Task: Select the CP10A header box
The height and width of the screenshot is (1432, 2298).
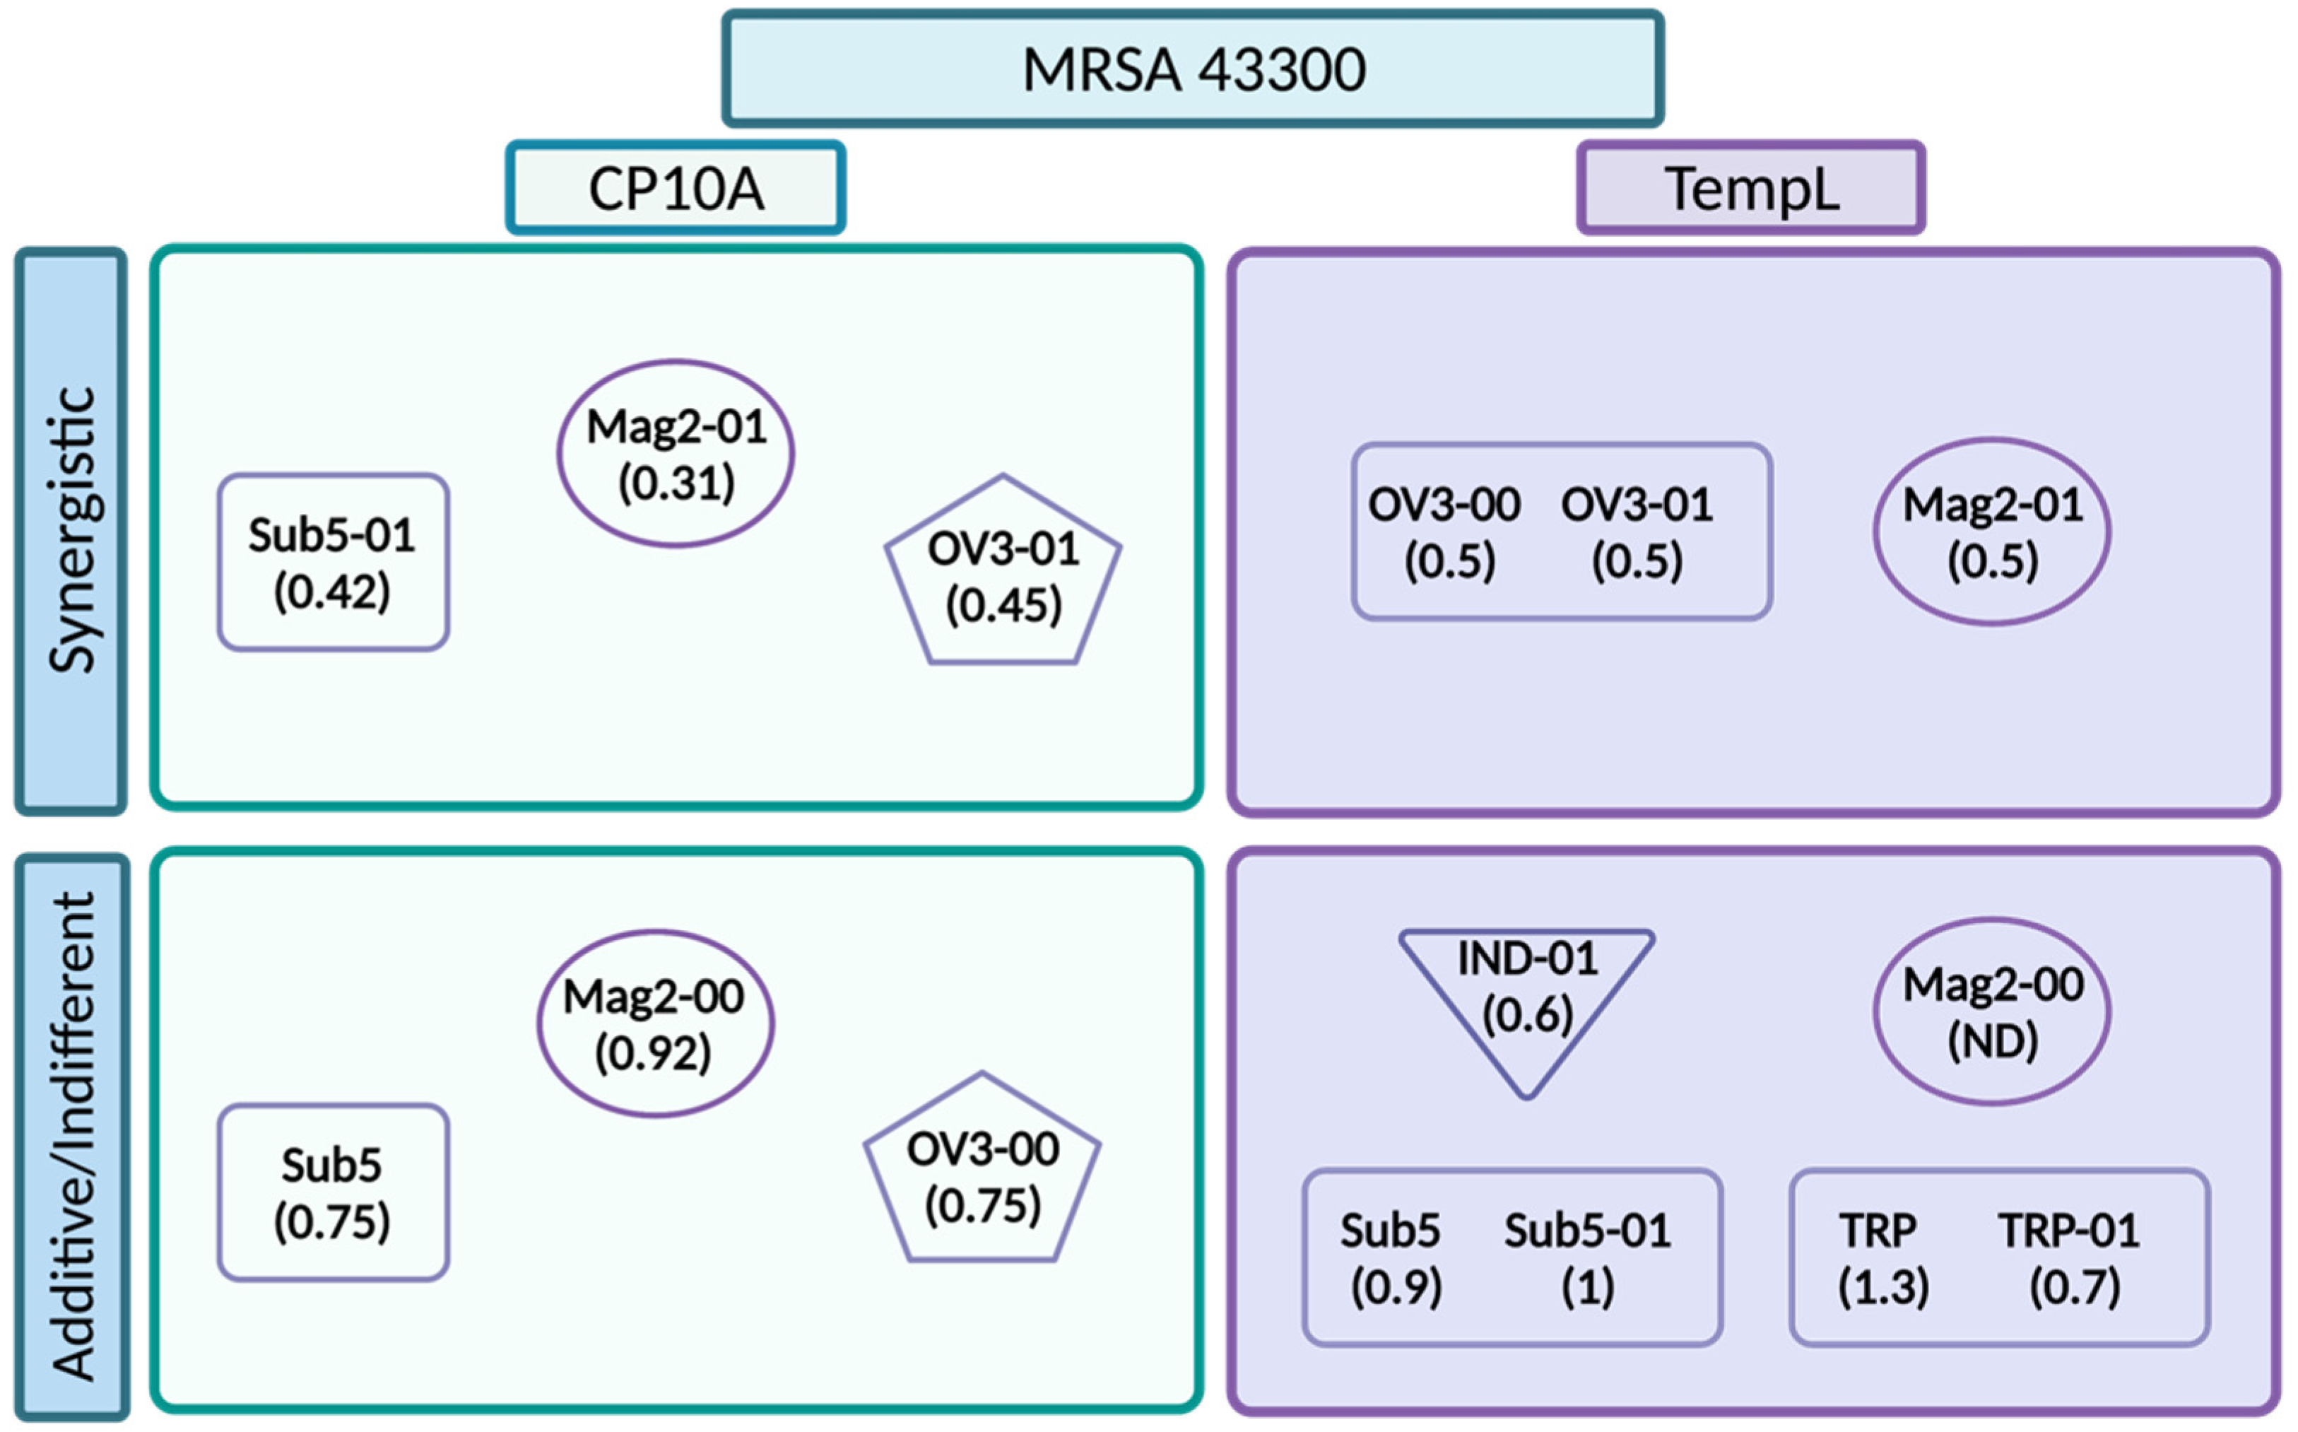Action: [675, 187]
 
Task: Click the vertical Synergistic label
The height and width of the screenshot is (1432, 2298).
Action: [71, 530]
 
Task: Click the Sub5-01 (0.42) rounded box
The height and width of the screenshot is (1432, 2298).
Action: [332, 563]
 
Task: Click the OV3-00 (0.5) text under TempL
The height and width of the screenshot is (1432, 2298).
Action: [1446, 532]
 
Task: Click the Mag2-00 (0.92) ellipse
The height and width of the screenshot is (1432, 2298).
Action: [654, 1023]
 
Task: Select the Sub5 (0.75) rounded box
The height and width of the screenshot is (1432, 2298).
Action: [332, 1192]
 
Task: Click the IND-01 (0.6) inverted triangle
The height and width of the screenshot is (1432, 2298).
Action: [1526, 990]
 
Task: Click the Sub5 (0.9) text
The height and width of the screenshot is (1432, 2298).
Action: [1392, 1257]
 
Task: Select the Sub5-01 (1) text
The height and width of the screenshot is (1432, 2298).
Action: [1588, 1257]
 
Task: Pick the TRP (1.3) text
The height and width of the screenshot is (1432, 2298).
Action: [1881, 1257]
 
